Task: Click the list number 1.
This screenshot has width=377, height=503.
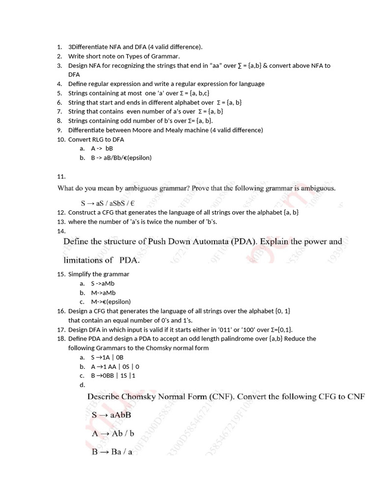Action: click(x=59, y=47)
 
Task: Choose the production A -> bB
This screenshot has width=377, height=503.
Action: click(x=102, y=148)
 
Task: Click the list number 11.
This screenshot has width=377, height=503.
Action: click(x=61, y=176)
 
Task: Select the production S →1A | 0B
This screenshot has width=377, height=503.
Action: click(x=108, y=357)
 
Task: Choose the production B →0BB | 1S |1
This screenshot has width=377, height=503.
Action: click(x=113, y=376)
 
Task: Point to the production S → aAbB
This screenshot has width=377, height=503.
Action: click(x=111, y=415)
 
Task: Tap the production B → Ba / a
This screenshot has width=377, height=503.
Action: click(x=112, y=452)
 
